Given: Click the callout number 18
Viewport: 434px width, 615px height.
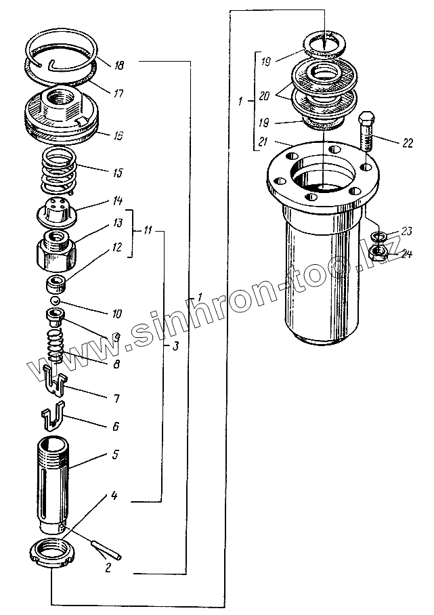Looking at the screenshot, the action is (118, 66).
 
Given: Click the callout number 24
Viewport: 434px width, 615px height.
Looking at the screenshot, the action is (406, 255).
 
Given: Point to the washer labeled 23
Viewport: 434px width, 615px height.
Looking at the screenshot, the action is (380, 236).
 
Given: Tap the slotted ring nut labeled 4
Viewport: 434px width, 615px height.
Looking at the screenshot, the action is (53, 551).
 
